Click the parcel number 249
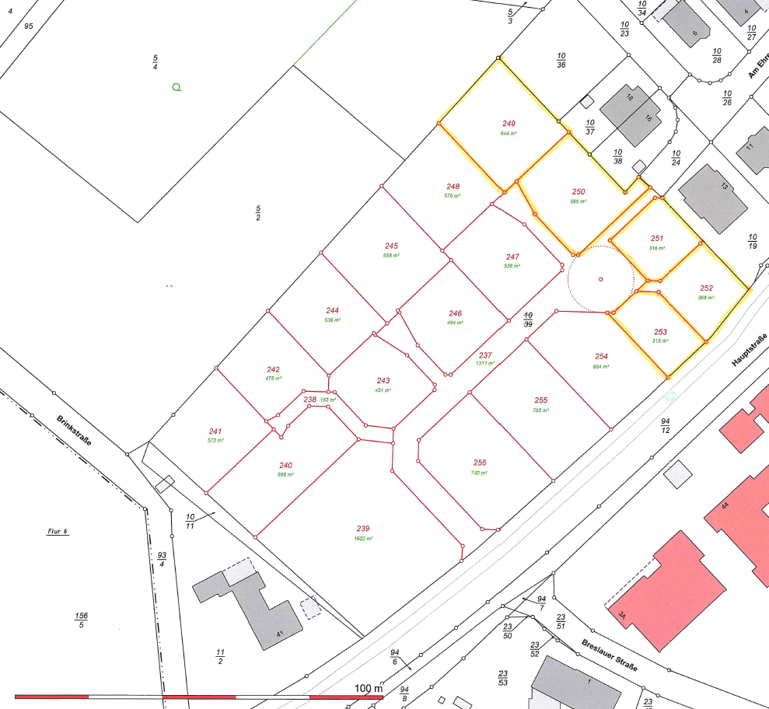(509, 124)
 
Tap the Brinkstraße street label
(75, 431)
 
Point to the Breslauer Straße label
(610, 656)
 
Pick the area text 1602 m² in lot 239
(363, 539)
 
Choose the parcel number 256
(479, 463)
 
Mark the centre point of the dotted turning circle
(600, 278)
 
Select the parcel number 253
(660, 332)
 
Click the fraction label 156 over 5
(82, 620)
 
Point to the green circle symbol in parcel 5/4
(177, 87)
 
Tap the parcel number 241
(215, 431)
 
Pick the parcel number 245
(391, 246)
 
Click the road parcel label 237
(486, 354)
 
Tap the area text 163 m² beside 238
(328, 400)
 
